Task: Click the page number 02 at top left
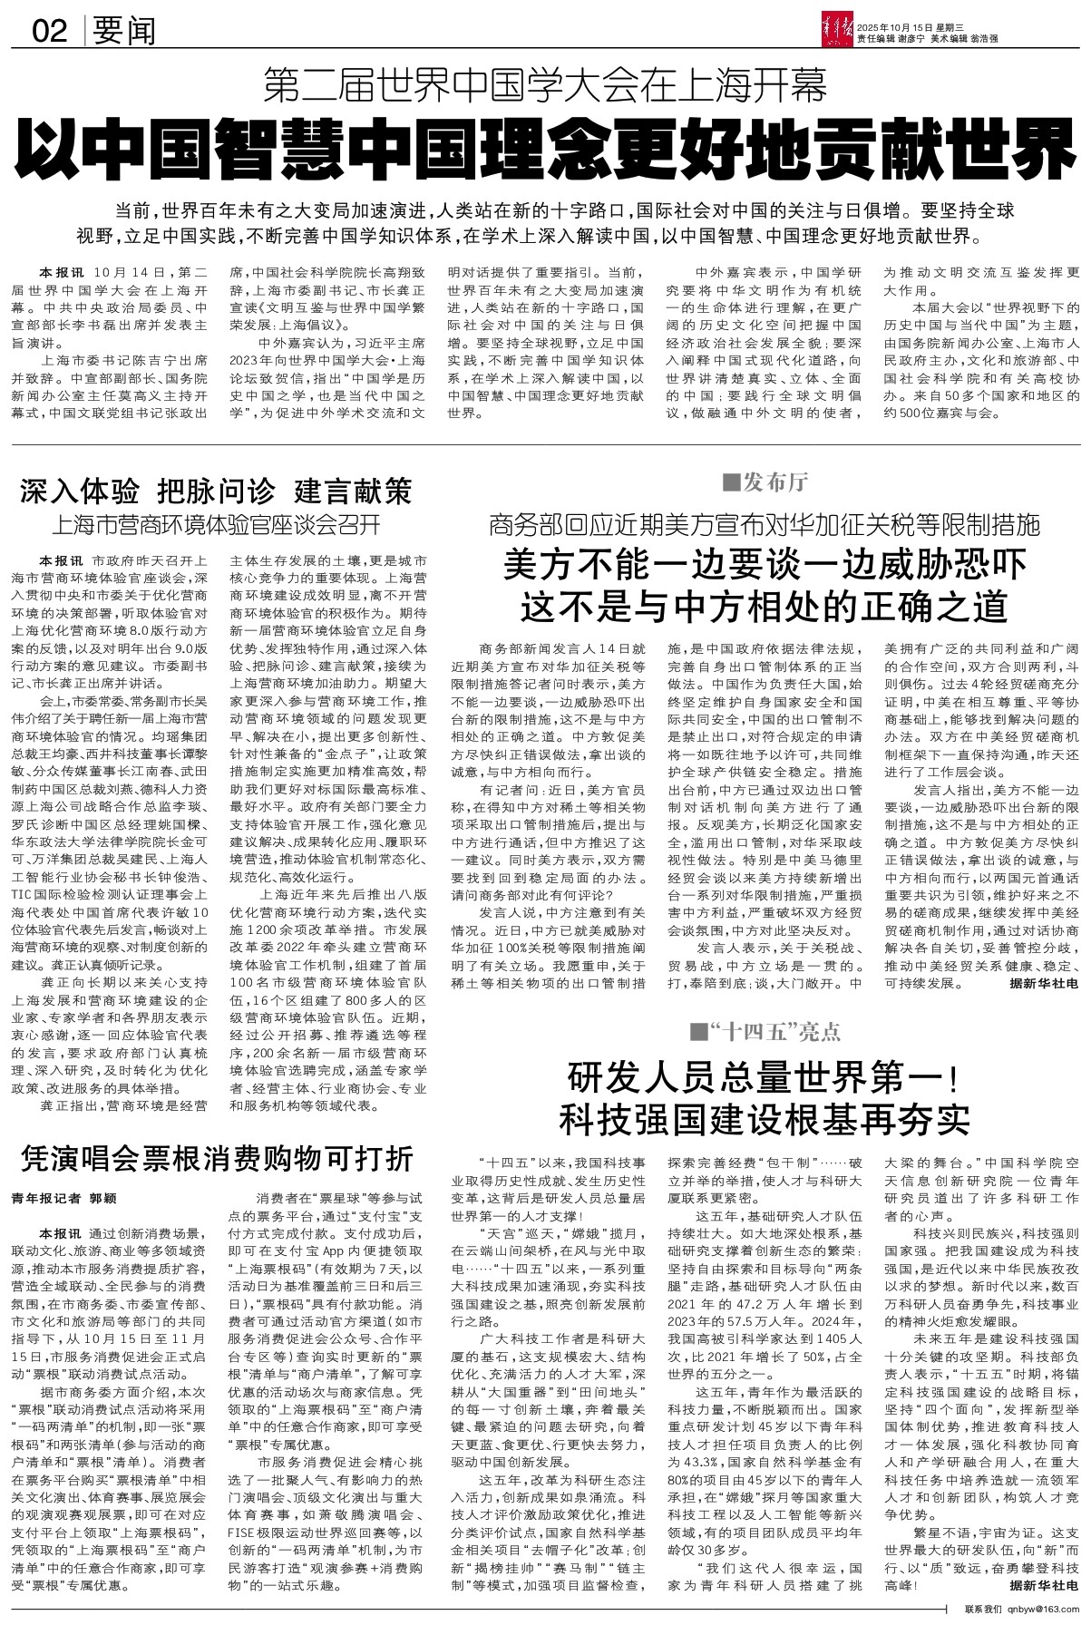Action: click(x=51, y=33)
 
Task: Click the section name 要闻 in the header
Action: click(x=123, y=33)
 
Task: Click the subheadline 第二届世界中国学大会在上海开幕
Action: click(x=544, y=88)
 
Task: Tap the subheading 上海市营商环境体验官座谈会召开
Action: click(x=218, y=526)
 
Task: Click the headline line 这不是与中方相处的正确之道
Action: click(x=764, y=604)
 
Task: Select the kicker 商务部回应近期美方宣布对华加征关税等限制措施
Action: click(x=764, y=524)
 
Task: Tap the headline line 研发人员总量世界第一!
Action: click(x=764, y=1080)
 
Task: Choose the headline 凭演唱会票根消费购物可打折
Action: click(x=218, y=1158)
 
